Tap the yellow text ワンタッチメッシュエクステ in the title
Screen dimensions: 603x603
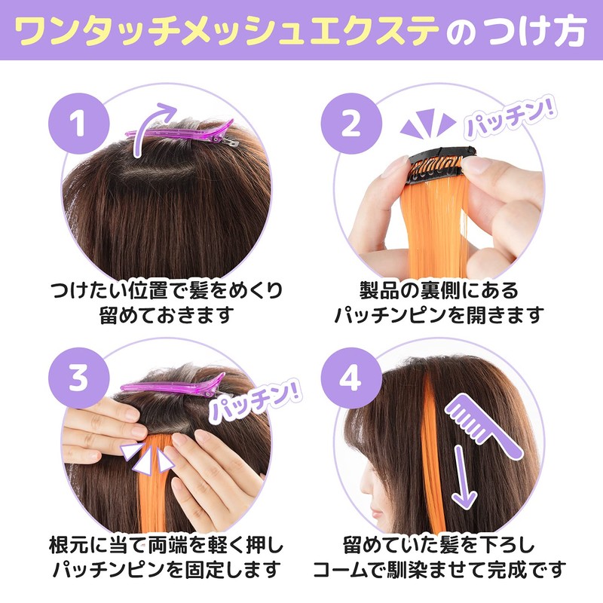[x=226, y=31]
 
